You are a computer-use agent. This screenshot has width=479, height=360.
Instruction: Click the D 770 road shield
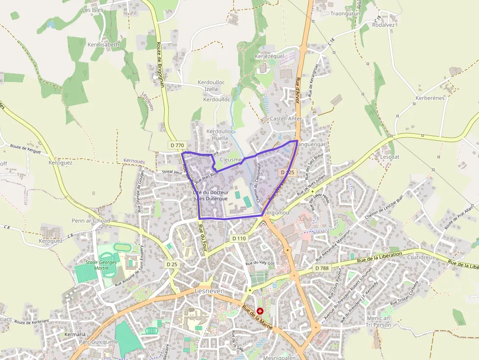click(178, 145)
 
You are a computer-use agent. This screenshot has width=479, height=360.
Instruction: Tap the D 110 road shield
click(239, 238)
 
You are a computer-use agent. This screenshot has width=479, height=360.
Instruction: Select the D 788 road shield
click(322, 268)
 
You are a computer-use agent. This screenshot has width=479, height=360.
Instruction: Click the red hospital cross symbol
click(260, 311)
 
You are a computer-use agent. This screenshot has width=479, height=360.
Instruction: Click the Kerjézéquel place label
click(269, 56)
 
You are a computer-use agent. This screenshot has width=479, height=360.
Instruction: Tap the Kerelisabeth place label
click(103, 44)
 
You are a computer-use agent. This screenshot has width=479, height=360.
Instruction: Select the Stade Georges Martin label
click(101, 265)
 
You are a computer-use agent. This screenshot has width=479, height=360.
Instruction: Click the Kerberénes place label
click(430, 98)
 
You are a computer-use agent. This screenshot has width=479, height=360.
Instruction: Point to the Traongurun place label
click(345, 14)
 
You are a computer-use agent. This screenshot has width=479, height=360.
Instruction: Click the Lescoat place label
click(390, 157)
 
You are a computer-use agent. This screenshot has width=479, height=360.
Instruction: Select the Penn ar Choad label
click(91, 221)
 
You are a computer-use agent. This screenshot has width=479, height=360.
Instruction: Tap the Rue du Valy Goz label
click(261, 263)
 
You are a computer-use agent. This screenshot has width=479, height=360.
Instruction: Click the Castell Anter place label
click(286, 119)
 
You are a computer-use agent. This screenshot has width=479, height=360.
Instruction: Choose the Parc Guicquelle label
click(98, 342)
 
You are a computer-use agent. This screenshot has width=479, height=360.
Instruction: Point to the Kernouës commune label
click(134, 161)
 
